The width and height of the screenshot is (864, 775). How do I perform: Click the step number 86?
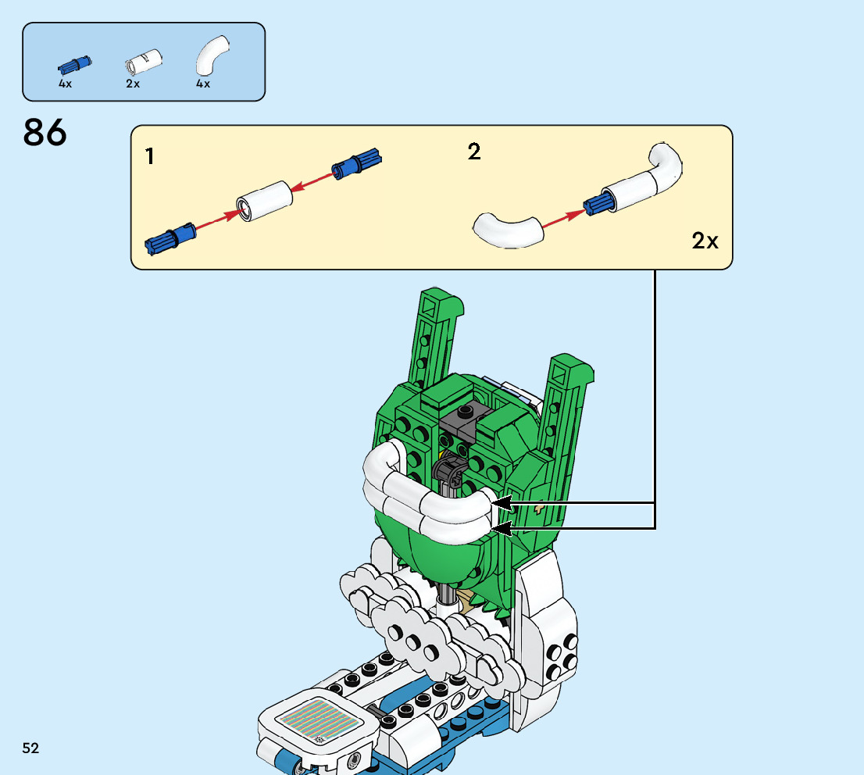[x=45, y=133]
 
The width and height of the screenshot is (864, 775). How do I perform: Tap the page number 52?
[x=30, y=748]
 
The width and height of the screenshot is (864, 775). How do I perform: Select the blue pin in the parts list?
[x=75, y=63]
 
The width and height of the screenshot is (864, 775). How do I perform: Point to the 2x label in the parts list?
[x=133, y=84]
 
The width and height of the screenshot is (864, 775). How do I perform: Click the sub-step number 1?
[x=149, y=157]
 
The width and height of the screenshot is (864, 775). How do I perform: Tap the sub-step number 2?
[x=474, y=152]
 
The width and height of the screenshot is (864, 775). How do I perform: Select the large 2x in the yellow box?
[x=705, y=241]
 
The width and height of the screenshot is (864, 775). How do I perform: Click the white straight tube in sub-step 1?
[x=265, y=202]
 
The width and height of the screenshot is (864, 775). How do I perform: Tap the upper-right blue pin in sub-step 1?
[x=355, y=162]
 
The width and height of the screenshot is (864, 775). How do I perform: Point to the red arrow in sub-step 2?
[x=562, y=219]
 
